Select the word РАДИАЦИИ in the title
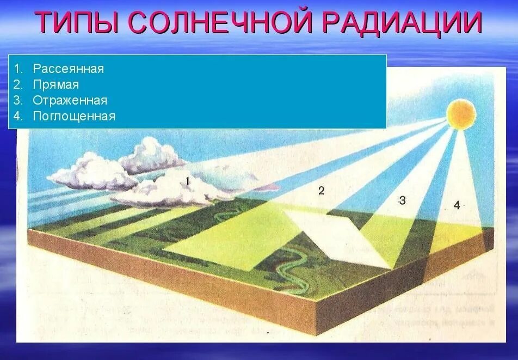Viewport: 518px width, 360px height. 403,23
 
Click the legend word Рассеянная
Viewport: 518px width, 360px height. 68,69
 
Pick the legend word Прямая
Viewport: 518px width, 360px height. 55,85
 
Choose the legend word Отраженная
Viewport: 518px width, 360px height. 70,101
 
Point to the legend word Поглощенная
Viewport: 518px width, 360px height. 74,117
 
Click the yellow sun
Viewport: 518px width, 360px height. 461,113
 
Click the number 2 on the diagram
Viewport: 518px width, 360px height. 321,190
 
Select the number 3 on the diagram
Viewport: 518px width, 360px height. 402,200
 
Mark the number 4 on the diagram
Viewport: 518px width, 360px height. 457,205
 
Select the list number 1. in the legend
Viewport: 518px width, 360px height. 19,69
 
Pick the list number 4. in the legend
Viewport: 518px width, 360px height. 19,117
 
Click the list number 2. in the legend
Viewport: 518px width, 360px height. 19,85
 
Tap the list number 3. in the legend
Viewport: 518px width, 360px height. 19,101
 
